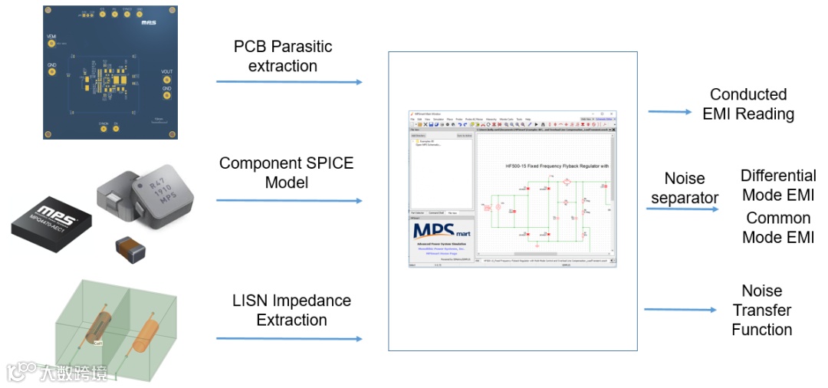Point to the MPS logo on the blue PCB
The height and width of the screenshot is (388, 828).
pyautogui.click(x=149, y=23)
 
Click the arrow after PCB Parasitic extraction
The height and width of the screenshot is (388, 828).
pyautogui.click(x=289, y=81)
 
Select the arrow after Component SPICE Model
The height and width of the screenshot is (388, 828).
pyautogui.click(x=289, y=201)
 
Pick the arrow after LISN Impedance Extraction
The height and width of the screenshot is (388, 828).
pyautogui.click(x=289, y=338)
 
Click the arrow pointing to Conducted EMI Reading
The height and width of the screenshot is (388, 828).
pyautogui.click(x=669, y=112)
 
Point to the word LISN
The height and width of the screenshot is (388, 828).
pyautogui.click(x=251, y=301)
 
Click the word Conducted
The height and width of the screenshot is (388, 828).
pyautogui.click(x=747, y=94)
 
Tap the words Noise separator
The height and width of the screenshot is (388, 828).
pyautogui.click(x=685, y=188)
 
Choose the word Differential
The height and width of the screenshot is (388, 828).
pyautogui.click(x=777, y=176)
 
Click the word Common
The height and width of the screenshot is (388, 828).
pyautogui.click(x=777, y=218)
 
